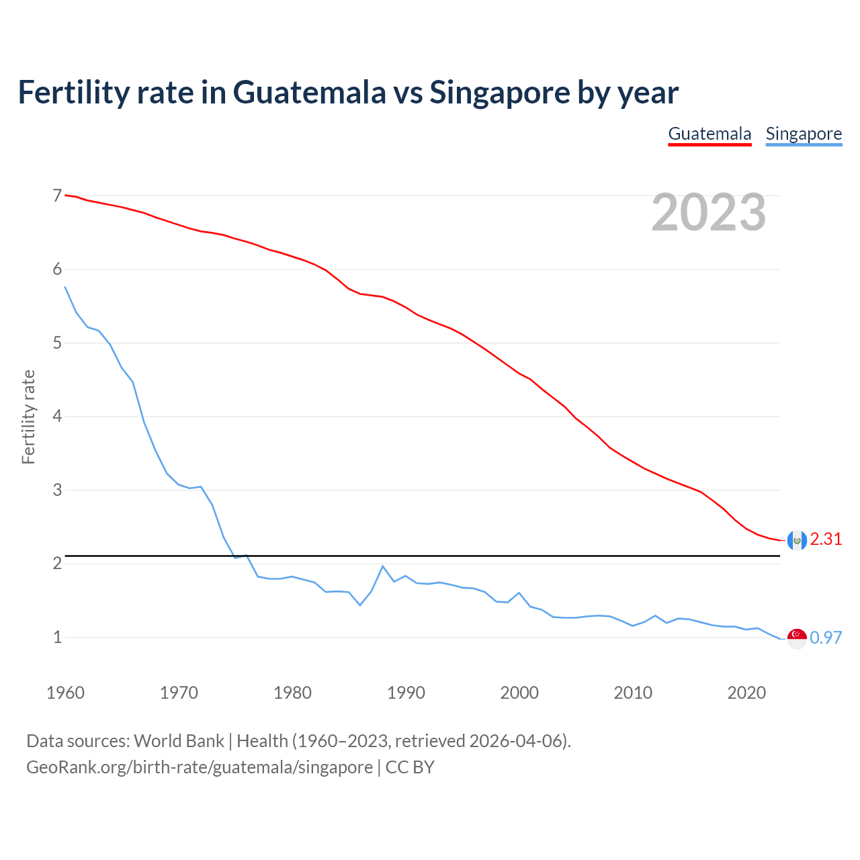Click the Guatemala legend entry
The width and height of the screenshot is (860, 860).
[x=709, y=134]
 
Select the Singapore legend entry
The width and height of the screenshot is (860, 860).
[x=804, y=134]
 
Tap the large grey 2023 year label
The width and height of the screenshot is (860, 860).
[x=709, y=212]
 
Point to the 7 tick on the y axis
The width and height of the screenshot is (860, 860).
[x=57, y=196]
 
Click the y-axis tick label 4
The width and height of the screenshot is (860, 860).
[x=57, y=417]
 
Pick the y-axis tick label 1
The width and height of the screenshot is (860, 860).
[x=57, y=637]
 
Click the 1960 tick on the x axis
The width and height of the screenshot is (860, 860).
[x=65, y=693]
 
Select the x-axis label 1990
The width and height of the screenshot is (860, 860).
[x=406, y=693]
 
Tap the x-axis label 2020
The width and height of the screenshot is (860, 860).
[x=746, y=693]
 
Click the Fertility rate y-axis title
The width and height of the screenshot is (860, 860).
[x=28, y=417]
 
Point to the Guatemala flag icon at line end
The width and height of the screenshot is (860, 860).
[x=797, y=540]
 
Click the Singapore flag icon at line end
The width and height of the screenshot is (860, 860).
[x=797, y=638]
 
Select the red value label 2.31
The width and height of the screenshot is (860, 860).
[x=826, y=540]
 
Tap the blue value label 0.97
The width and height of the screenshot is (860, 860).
[x=826, y=638]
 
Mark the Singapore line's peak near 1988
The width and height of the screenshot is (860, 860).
[x=382, y=566]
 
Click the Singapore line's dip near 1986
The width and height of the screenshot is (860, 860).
[x=360, y=605]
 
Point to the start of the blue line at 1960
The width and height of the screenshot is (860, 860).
[x=65, y=288]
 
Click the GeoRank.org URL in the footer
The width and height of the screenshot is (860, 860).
[x=200, y=767]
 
